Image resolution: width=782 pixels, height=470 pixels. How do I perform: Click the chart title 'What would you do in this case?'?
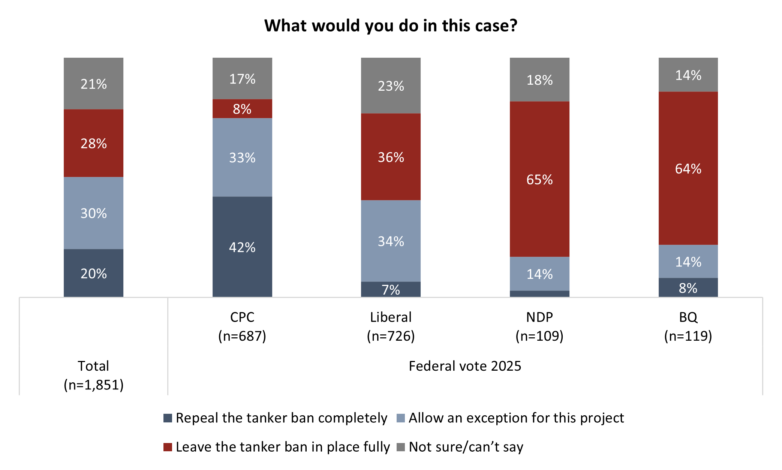click(x=391, y=26)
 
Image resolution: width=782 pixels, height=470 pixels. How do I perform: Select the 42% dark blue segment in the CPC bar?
click(x=242, y=247)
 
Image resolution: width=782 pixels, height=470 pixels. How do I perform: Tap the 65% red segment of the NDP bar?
click(x=539, y=179)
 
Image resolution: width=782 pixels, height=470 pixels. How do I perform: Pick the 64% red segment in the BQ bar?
click(x=688, y=168)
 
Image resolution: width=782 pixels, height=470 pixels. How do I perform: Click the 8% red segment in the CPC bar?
click(x=242, y=109)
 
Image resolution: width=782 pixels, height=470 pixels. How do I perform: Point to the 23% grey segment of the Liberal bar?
click(x=391, y=86)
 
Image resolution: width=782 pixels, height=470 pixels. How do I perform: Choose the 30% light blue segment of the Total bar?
click(x=93, y=213)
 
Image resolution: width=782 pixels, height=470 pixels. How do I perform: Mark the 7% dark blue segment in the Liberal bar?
click(x=391, y=289)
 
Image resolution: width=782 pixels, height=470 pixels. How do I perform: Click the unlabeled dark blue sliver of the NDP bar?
click(x=539, y=294)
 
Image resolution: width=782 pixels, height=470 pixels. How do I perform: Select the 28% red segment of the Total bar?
click(x=93, y=143)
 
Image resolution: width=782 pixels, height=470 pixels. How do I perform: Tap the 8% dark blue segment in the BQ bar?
click(x=688, y=287)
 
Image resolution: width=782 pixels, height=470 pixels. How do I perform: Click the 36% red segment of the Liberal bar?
click(x=391, y=157)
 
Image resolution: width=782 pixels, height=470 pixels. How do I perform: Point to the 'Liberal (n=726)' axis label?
click(x=391, y=326)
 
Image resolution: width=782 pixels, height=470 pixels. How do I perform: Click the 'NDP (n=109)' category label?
click(x=539, y=326)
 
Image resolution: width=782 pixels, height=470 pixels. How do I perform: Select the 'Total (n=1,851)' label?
click(x=93, y=375)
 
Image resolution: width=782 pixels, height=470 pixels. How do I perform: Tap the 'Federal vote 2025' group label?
click(x=465, y=366)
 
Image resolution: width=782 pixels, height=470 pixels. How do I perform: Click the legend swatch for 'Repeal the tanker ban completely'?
click(x=168, y=418)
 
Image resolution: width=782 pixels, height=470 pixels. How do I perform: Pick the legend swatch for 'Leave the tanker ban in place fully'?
click(x=168, y=447)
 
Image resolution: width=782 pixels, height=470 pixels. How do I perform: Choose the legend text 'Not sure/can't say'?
click(x=466, y=447)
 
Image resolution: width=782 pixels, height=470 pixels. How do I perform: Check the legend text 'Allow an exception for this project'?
click(x=516, y=418)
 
